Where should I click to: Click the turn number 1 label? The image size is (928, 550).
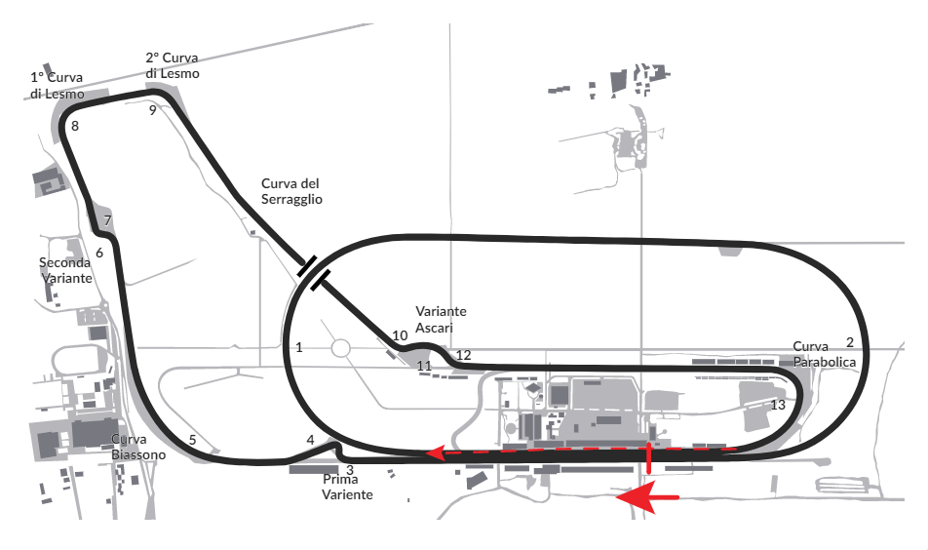[299, 346]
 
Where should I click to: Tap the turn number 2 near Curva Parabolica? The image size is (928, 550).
[850, 342]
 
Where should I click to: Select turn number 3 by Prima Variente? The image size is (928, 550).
[350, 469]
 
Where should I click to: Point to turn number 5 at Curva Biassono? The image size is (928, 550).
[192, 440]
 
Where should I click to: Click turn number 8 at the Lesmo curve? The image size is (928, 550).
[74, 126]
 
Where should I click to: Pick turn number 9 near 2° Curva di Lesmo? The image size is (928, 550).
[153, 110]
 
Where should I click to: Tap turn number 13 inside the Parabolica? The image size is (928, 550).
[777, 405]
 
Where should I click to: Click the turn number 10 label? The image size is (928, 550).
[400, 335]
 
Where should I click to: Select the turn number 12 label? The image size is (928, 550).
[463, 355]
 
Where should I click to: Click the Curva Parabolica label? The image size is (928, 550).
[824, 354]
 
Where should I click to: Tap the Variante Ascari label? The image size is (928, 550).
[441, 319]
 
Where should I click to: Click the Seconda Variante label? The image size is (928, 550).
[65, 270]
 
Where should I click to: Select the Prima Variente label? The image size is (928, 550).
[347, 488]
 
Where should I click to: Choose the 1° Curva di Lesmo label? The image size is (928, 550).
[57, 86]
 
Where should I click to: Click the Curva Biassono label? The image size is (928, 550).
[137, 447]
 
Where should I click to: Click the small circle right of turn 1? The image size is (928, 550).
[340, 347]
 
